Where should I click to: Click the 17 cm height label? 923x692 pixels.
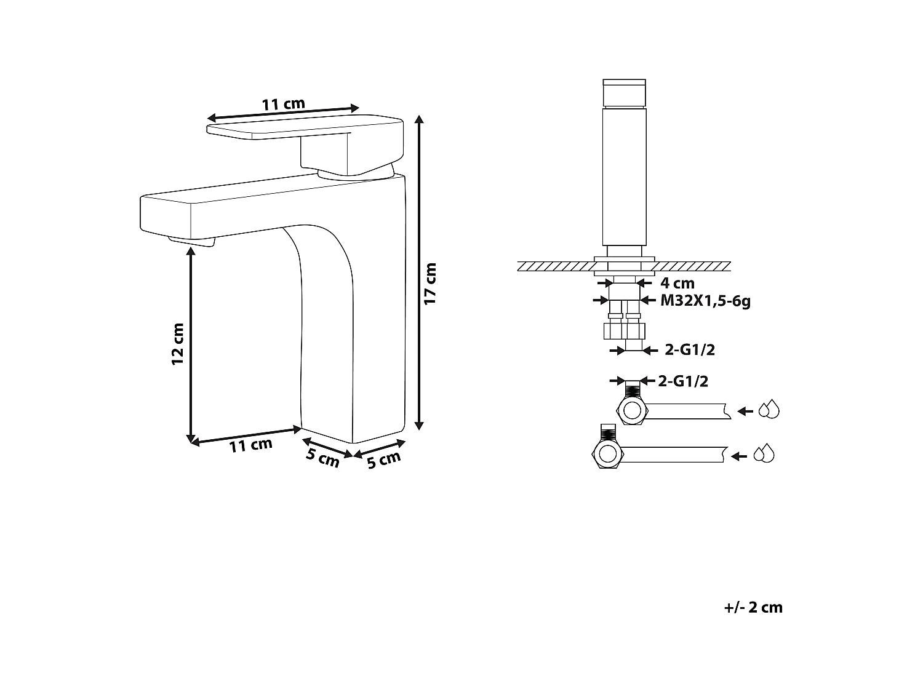[431, 283]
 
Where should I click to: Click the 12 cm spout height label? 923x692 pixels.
[178, 344]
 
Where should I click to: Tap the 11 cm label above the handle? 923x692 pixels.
[283, 104]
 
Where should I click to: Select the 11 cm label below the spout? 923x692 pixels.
[250, 445]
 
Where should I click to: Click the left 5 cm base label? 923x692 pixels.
[323, 458]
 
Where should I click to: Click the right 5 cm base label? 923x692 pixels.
[383, 459]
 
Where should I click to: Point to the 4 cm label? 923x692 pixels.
[677, 283]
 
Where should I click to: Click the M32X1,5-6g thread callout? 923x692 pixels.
[705, 301]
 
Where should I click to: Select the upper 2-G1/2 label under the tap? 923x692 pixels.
[690, 350]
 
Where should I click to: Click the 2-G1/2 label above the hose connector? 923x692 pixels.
[683, 381]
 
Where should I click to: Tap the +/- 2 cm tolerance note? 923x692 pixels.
[753, 608]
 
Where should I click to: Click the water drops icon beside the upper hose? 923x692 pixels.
[769, 410]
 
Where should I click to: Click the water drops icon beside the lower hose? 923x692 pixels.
[764, 453]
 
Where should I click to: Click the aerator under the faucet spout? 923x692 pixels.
[192, 241]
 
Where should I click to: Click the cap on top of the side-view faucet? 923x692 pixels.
[624, 92]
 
